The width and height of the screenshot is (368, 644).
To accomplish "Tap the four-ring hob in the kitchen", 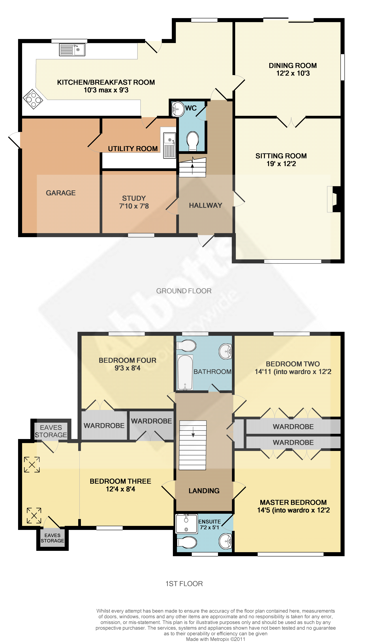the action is pos(33,99).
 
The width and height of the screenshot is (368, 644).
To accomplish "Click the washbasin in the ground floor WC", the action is pos(178,109).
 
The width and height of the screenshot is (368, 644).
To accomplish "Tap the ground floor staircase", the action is pos(193,167).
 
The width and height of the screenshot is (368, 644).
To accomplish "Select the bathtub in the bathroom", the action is pos(185,373).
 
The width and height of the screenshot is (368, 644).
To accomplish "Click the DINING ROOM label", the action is pos(293,66).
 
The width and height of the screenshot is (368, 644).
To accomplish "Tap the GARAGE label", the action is pos(61,193).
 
